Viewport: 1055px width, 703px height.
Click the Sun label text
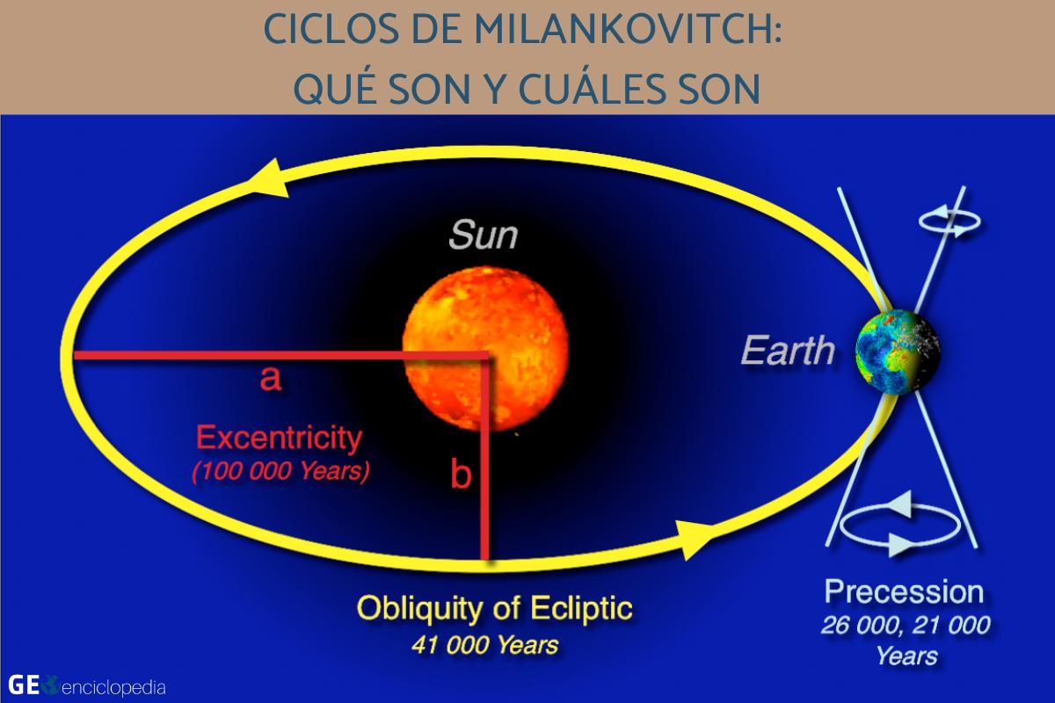pos(483,235)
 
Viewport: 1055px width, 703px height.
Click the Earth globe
pos(899,351)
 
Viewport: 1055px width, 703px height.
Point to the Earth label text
pos(787,351)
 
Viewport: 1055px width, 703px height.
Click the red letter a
pos(270,379)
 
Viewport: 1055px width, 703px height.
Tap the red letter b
pos(461,475)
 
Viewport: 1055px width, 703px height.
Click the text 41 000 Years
pos(484,645)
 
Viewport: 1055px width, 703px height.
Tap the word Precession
pos(904,591)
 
